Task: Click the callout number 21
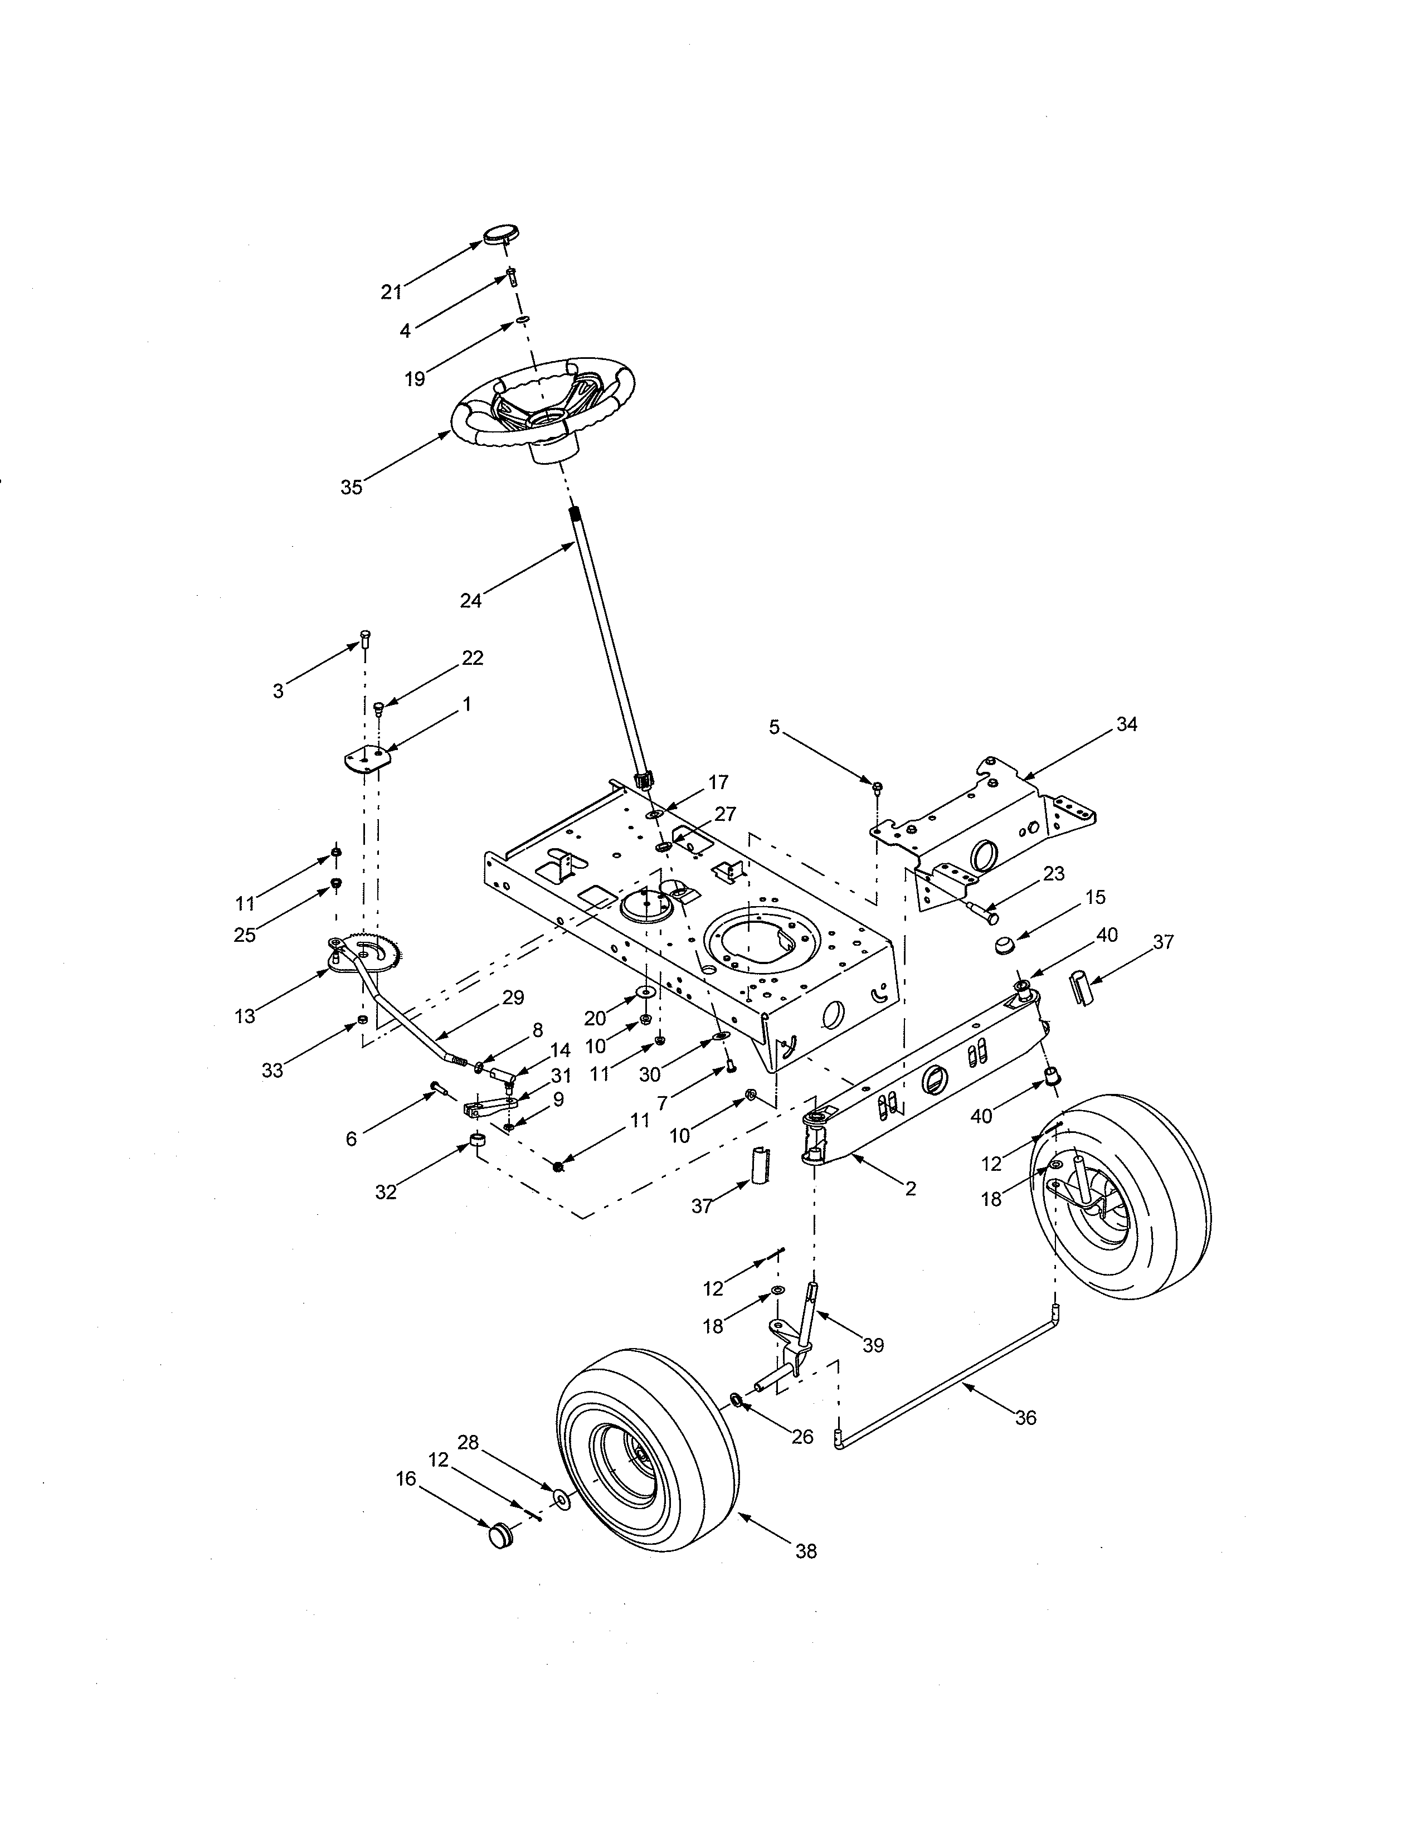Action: click(391, 292)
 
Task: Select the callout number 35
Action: click(351, 486)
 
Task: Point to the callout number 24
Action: click(470, 600)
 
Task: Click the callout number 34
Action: click(1126, 723)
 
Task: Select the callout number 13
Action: click(245, 1016)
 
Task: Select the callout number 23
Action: click(1054, 874)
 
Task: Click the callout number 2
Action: click(910, 1188)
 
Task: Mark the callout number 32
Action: click(386, 1193)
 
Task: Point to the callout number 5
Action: click(775, 727)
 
